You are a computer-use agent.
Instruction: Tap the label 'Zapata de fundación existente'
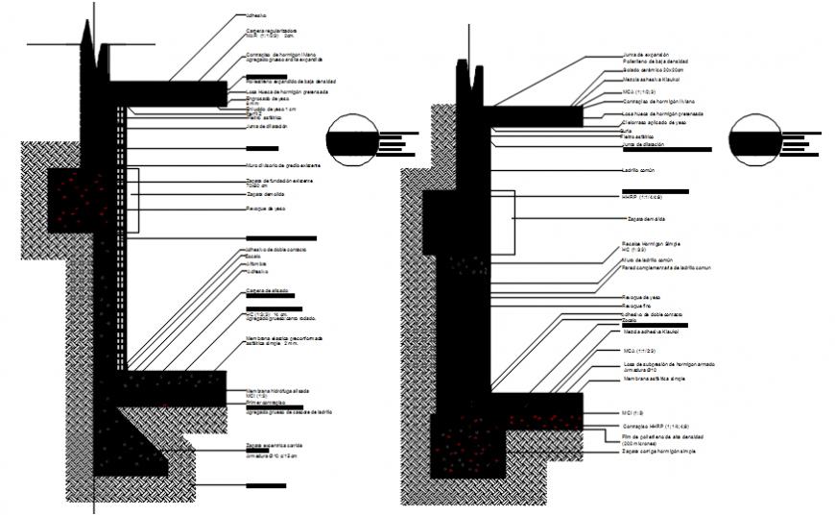pos(278,181)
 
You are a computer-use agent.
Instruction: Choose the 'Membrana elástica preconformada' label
pos(284,338)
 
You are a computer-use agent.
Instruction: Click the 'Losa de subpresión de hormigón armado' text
pos(669,365)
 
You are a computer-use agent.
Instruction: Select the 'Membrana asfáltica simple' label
pos(656,379)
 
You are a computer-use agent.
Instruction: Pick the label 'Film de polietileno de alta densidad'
pos(661,434)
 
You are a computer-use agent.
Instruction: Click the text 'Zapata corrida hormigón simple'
pos(657,450)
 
